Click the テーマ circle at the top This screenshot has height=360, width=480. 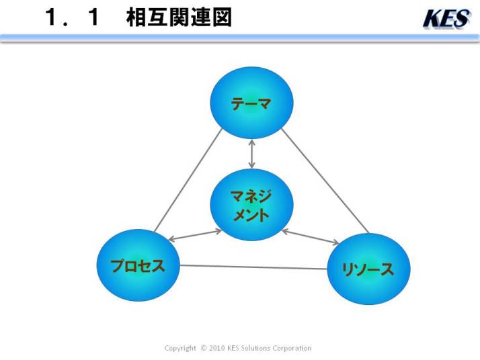(x=251, y=103)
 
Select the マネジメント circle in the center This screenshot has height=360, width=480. (x=251, y=205)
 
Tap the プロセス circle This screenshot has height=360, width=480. (x=138, y=265)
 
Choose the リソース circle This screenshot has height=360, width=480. (x=368, y=269)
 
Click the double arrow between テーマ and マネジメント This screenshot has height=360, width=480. (x=251, y=154)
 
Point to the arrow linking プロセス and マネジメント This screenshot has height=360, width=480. (x=195, y=235)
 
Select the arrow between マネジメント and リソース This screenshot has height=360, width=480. (x=310, y=237)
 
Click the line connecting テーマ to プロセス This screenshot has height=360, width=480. (x=188, y=181)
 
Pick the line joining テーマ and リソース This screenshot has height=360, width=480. (x=325, y=181)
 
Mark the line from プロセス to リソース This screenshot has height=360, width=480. (x=253, y=267)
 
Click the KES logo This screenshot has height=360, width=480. (x=446, y=19)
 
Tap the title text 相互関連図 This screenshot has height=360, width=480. (x=179, y=17)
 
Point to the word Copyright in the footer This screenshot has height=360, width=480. (x=180, y=349)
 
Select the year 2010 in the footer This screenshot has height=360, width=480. (x=217, y=348)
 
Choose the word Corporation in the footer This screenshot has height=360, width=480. (x=292, y=349)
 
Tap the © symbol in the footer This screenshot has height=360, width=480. (x=204, y=348)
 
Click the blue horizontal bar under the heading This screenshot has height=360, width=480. (x=240, y=38)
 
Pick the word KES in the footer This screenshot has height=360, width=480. (x=233, y=348)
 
